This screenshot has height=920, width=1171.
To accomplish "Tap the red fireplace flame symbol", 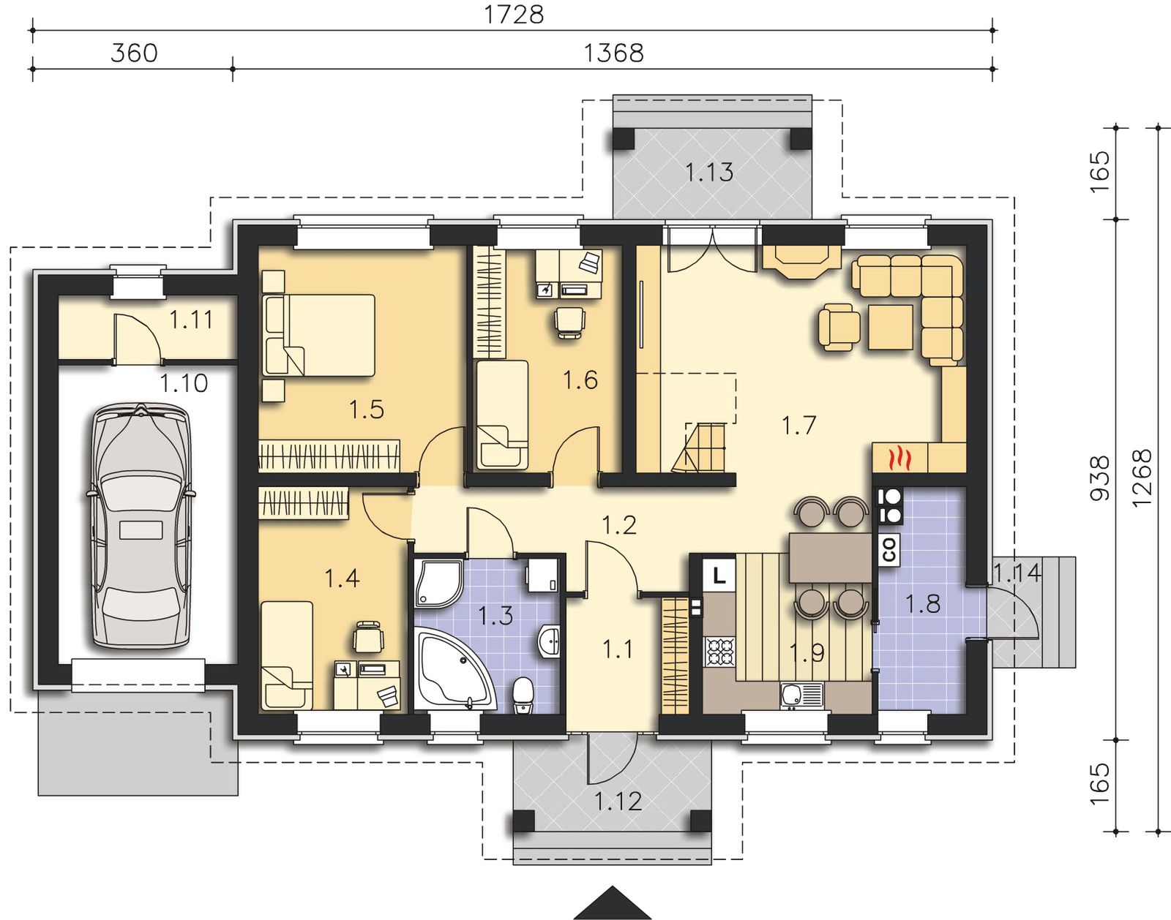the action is [x=899, y=459].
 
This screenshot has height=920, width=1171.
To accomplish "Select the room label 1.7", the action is [x=798, y=425].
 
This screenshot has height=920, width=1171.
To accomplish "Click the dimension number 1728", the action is [x=514, y=15].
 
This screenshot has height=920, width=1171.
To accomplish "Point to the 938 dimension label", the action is [x=1100, y=478].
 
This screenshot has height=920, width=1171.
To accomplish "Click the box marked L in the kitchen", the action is [x=719, y=576].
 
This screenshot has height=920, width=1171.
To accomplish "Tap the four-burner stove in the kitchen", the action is [x=720, y=652].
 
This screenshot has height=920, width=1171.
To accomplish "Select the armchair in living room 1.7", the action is [x=839, y=327].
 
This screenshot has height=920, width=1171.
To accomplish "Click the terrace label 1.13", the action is [x=709, y=172].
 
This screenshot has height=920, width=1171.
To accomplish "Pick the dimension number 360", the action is [x=134, y=53].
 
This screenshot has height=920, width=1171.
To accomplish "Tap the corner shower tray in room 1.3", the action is [x=438, y=582].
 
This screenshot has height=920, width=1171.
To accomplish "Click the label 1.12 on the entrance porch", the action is [x=618, y=802].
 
